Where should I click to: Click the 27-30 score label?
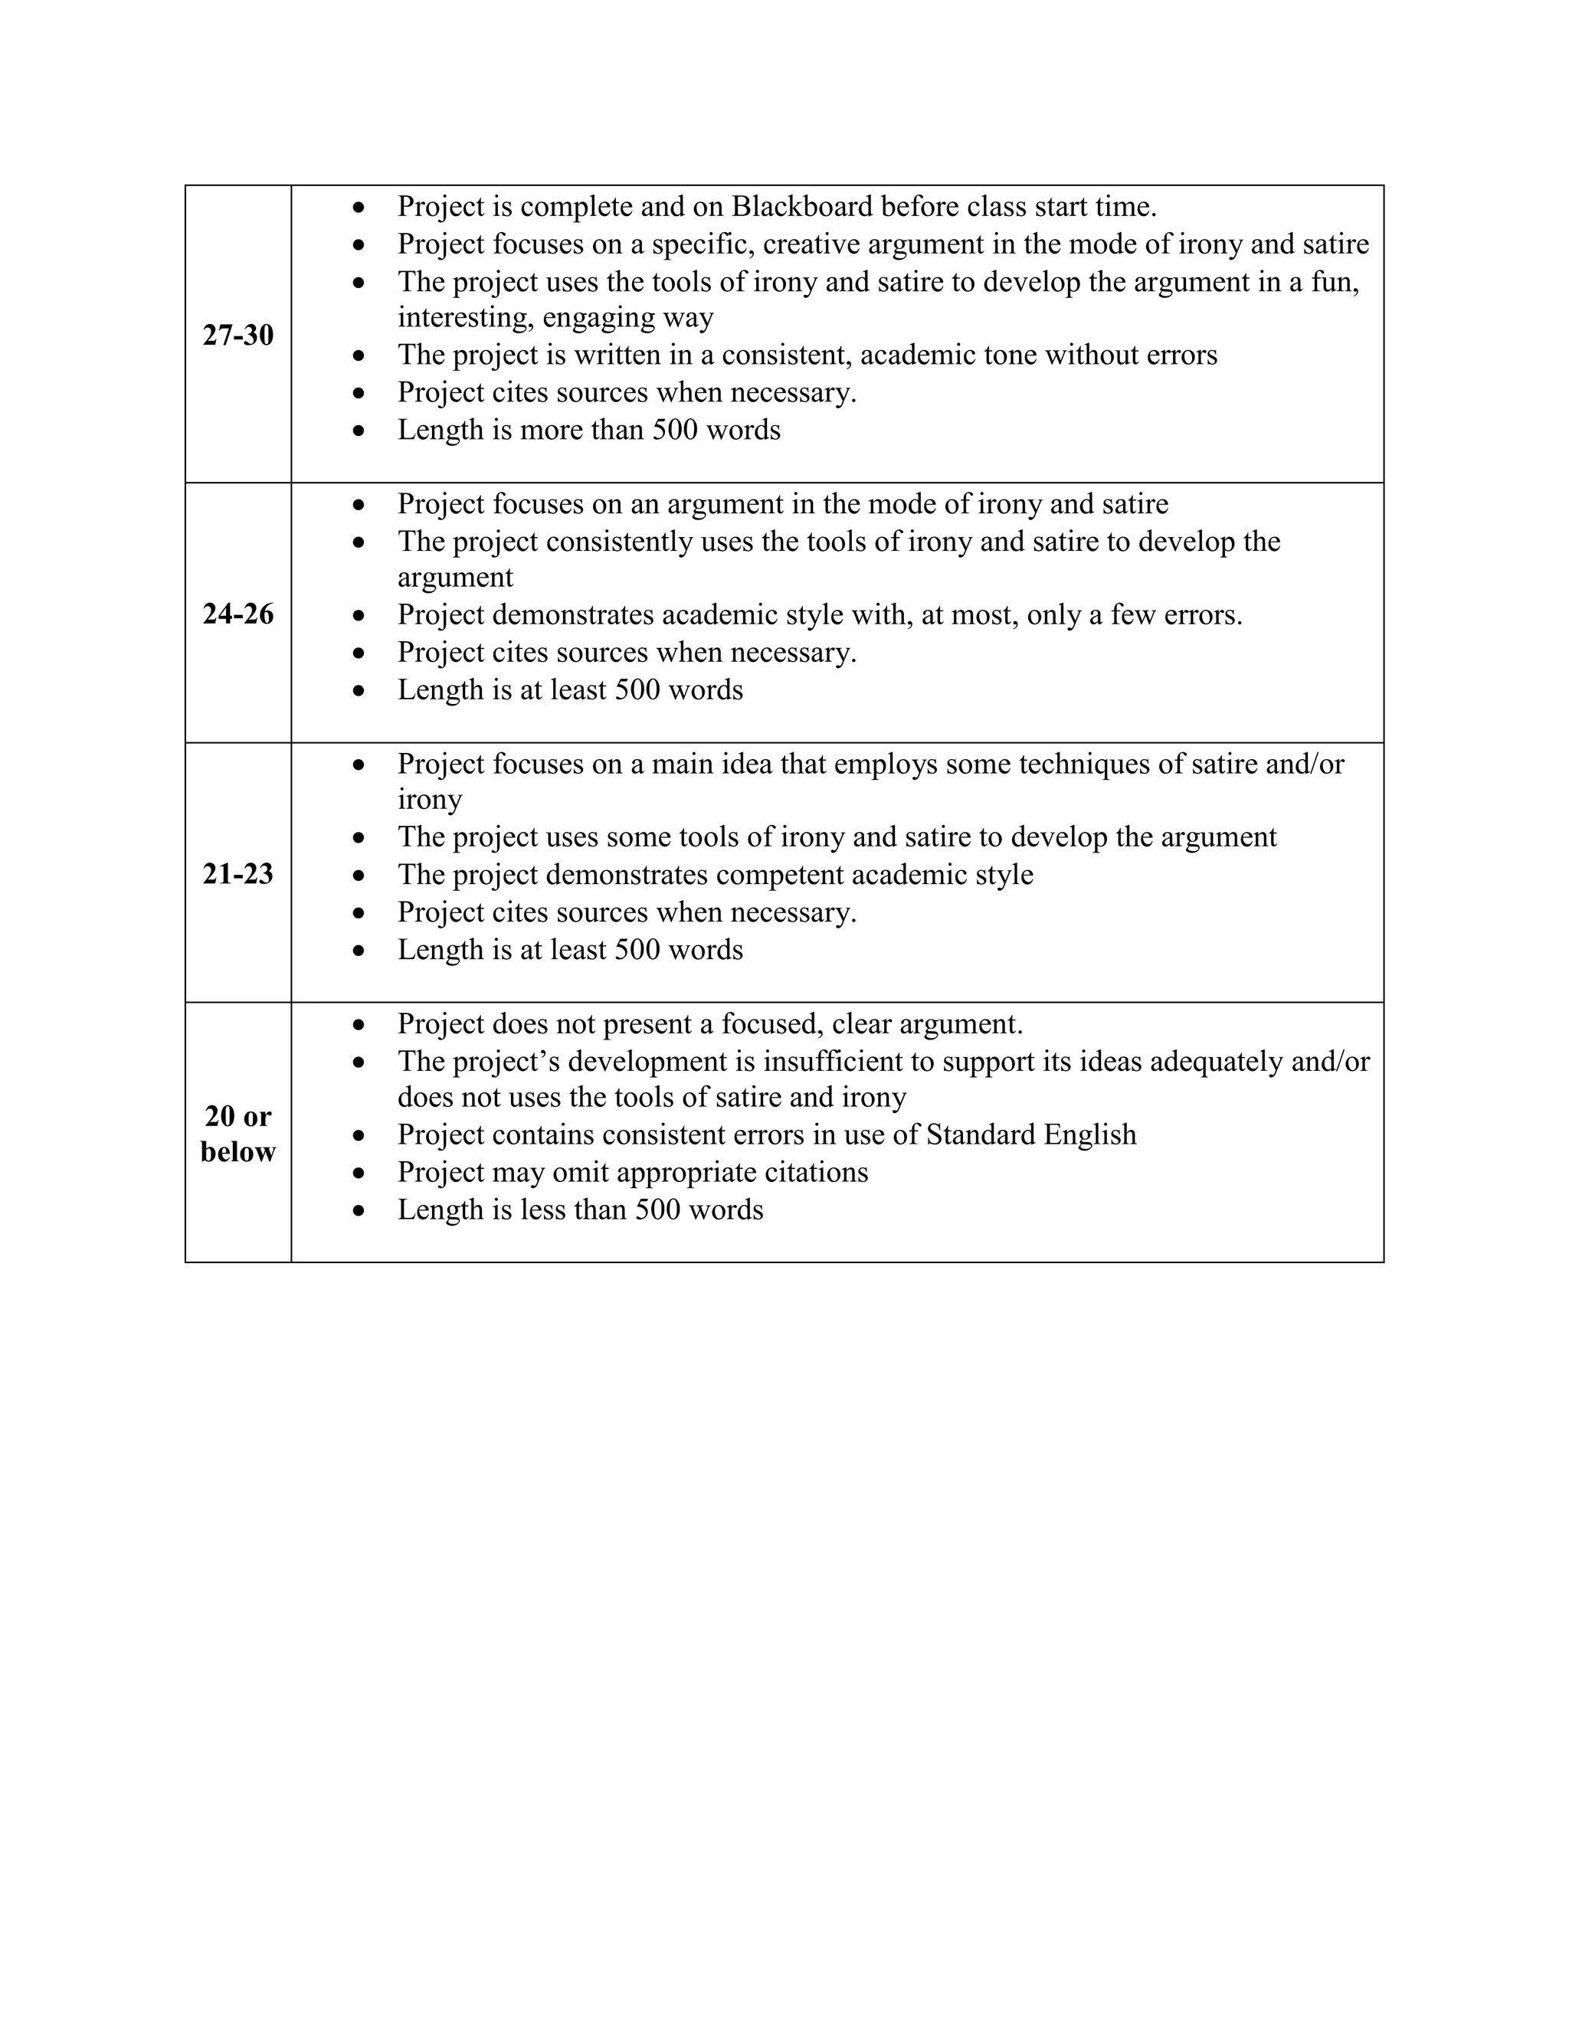point(238,335)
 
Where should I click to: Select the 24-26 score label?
point(238,614)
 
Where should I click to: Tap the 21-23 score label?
point(238,874)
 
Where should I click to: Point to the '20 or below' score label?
point(238,1133)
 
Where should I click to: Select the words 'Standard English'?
point(1031,1135)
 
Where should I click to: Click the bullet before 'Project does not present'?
point(359,1025)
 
